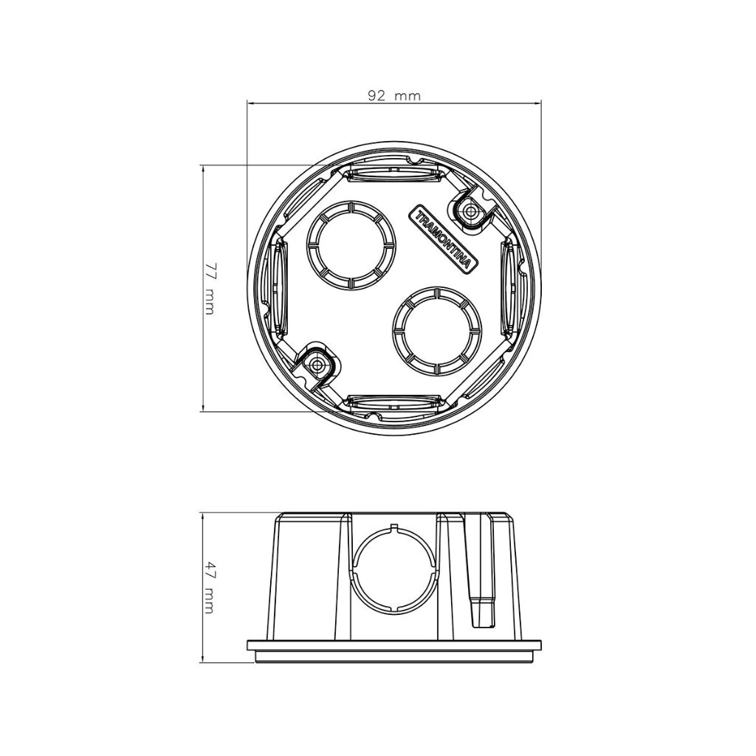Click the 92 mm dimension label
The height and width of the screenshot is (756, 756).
[394, 95]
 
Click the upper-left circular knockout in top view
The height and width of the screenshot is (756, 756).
[351, 245]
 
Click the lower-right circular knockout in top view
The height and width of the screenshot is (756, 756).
[437, 331]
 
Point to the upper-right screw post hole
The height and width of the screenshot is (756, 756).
[469, 210]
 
